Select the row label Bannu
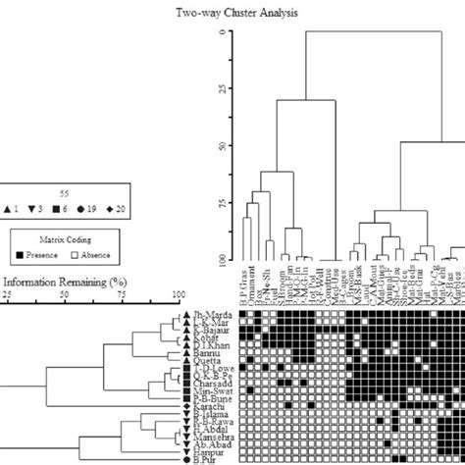pyautogui.click(x=162, y=350)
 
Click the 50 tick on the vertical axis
pyautogui.click(x=220, y=146)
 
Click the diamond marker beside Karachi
pyautogui.click(x=184, y=405)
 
